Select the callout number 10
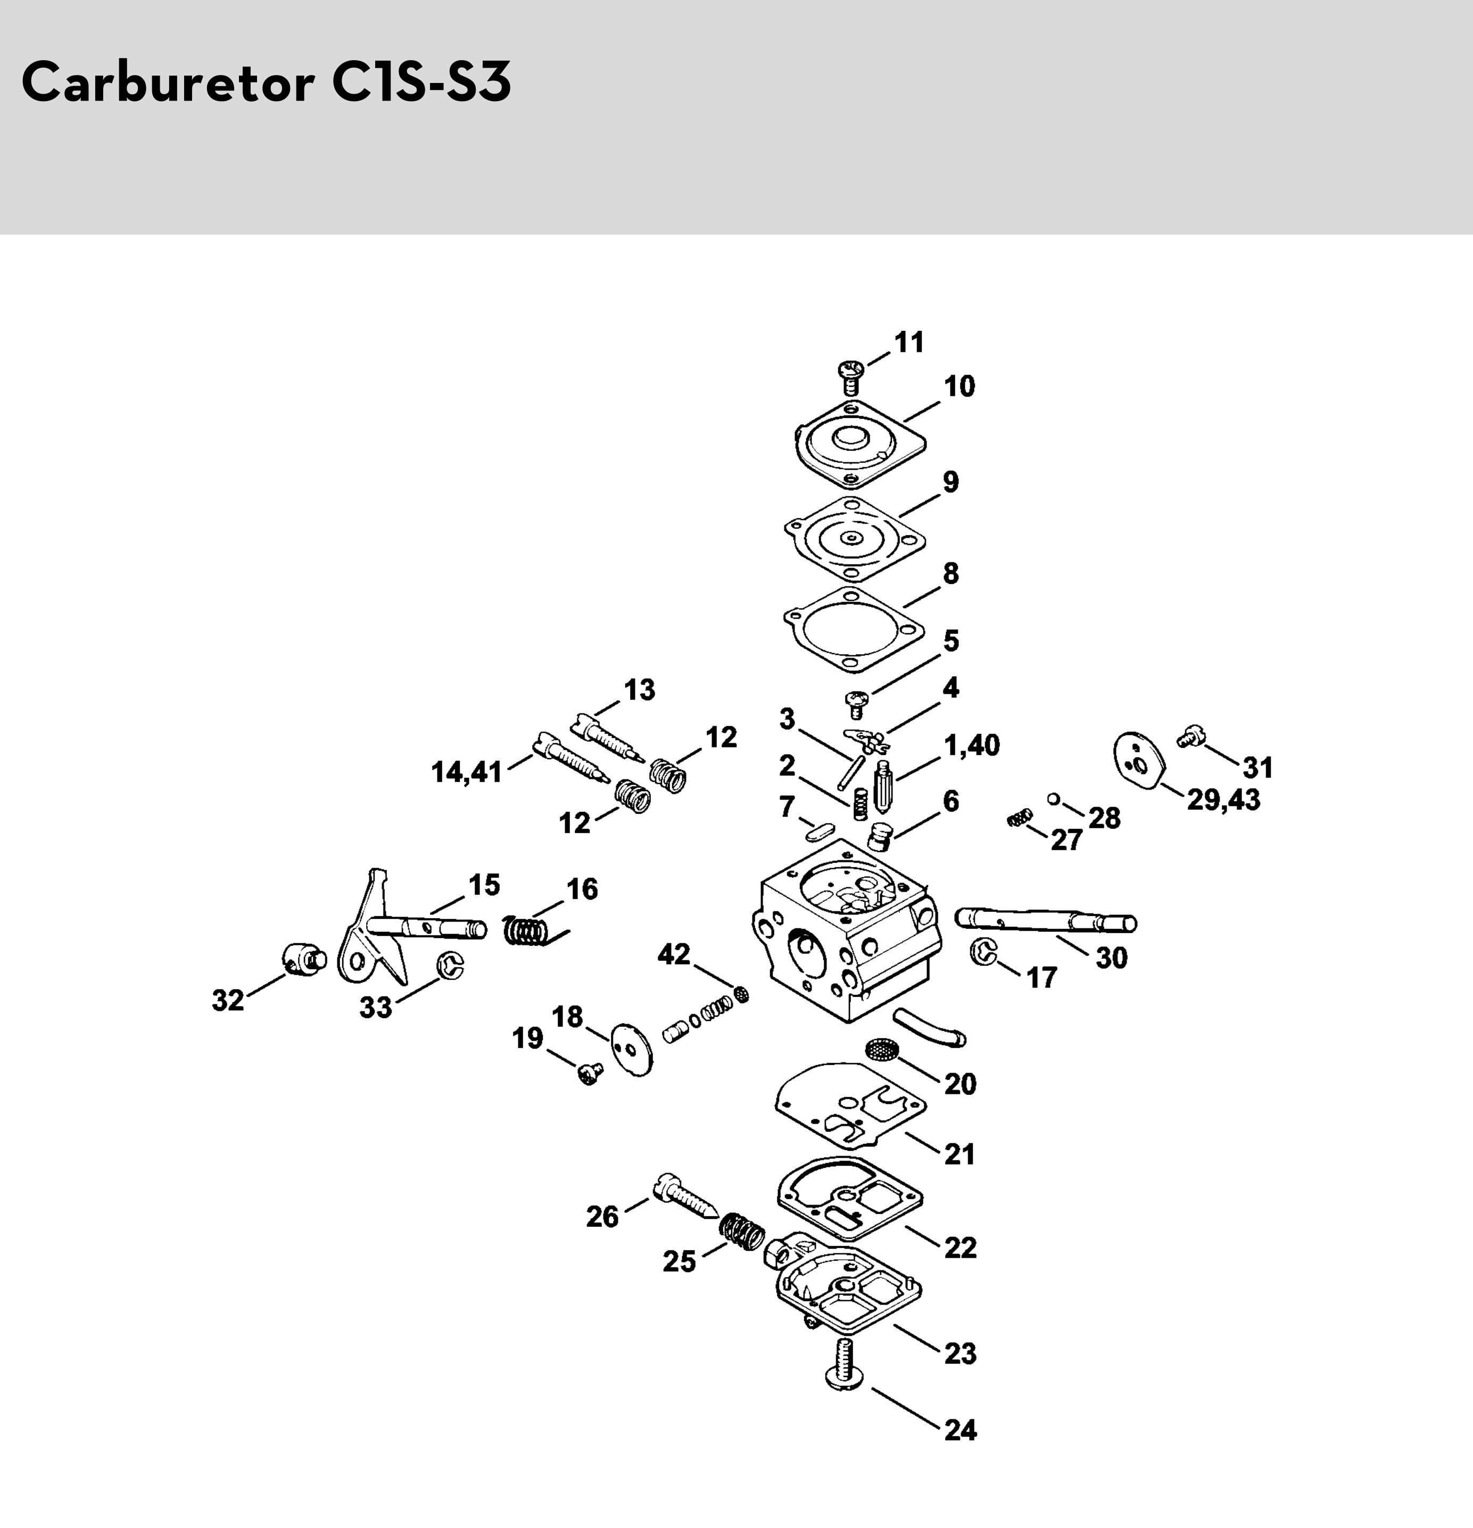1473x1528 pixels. pyautogui.click(x=959, y=387)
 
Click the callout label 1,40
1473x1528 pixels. pyautogui.click(x=972, y=745)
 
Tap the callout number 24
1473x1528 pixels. pyautogui.click(x=960, y=1431)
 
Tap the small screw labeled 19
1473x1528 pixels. pyautogui.click(x=590, y=1074)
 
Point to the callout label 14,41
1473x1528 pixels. pyautogui.click(x=466, y=773)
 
